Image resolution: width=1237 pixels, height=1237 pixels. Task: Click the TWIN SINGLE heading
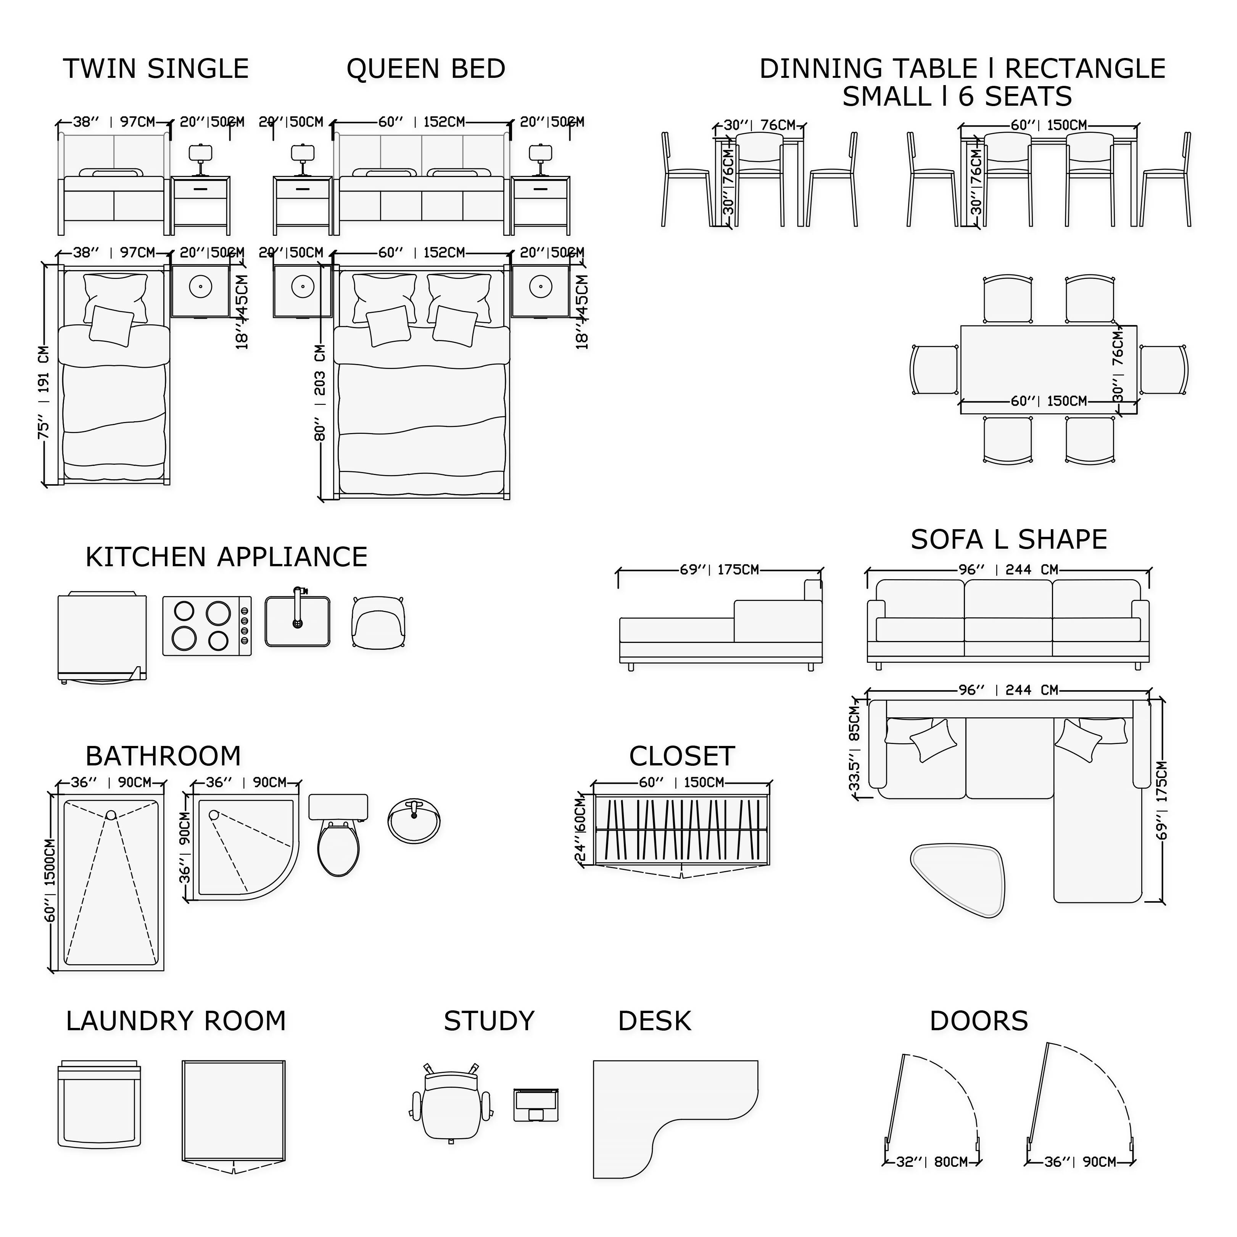click(156, 69)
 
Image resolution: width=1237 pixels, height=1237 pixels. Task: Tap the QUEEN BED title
click(426, 69)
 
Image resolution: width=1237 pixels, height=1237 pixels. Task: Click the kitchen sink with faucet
click(298, 621)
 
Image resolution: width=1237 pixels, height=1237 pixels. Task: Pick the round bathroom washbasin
click(414, 820)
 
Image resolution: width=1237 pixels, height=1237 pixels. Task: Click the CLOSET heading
click(682, 756)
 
